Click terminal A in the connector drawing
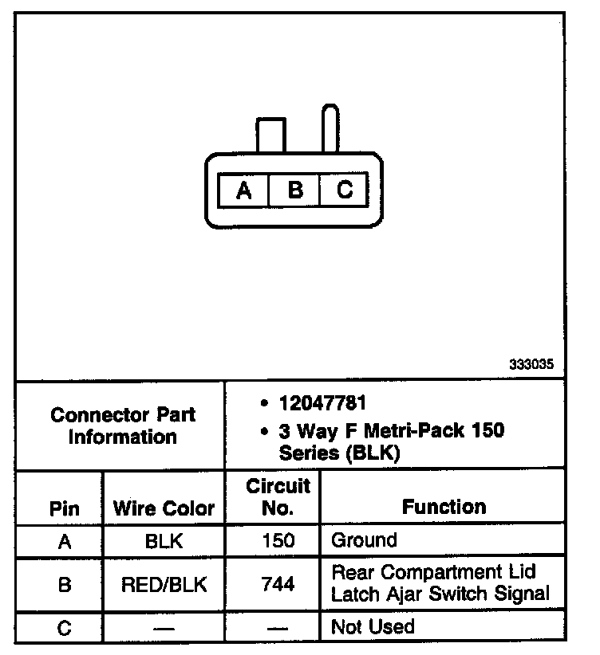point(244,190)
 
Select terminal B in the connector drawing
point(294,190)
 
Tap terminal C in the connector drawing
point(344,190)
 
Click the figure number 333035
point(531,364)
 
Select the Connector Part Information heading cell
point(122,426)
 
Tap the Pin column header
point(65,508)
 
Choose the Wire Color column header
point(164,508)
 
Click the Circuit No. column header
point(278,496)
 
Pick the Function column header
point(444,507)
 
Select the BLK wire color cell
point(164,541)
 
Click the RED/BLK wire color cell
point(164,584)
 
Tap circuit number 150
point(278,541)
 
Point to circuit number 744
point(278,584)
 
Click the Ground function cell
point(364,541)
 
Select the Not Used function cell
point(373,626)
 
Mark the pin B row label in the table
point(65,584)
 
